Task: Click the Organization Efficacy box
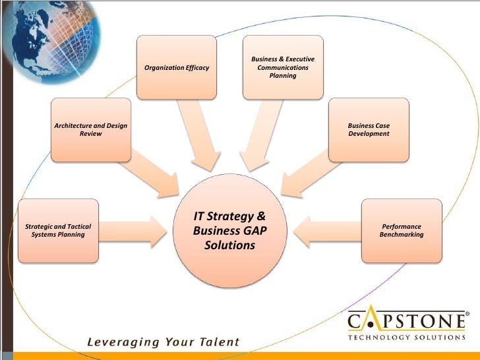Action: tap(176, 67)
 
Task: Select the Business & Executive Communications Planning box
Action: tap(283, 67)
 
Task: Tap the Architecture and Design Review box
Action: tap(91, 129)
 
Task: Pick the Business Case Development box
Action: tap(369, 129)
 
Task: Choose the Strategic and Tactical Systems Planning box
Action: tap(58, 230)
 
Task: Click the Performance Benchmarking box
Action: tap(402, 230)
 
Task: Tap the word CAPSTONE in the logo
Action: tap(405, 322)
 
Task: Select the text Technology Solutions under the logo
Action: tap(405, 338)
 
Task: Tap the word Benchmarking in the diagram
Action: tap(402, 235)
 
